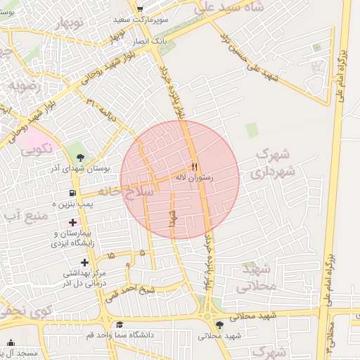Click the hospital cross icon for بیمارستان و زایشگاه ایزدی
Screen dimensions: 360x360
[72, 222]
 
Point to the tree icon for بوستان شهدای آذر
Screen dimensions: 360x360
[79, 156]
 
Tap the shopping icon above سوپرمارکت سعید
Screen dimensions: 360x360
[140, 8]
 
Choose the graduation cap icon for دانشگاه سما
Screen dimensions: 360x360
[120, 325]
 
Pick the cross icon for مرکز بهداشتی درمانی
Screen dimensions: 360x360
[84, 262]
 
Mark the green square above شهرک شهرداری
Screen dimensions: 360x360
[251, 130]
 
